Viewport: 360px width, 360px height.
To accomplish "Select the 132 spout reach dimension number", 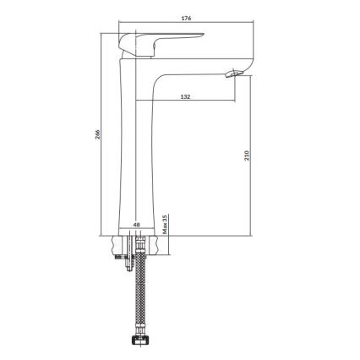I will pyautogui.click(x=184, y=96).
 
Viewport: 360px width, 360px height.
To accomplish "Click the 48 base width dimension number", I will pyautogui.click(x=138, y=225).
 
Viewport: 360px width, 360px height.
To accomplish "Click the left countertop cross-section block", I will pyautogui.click(x=117, y=244).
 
